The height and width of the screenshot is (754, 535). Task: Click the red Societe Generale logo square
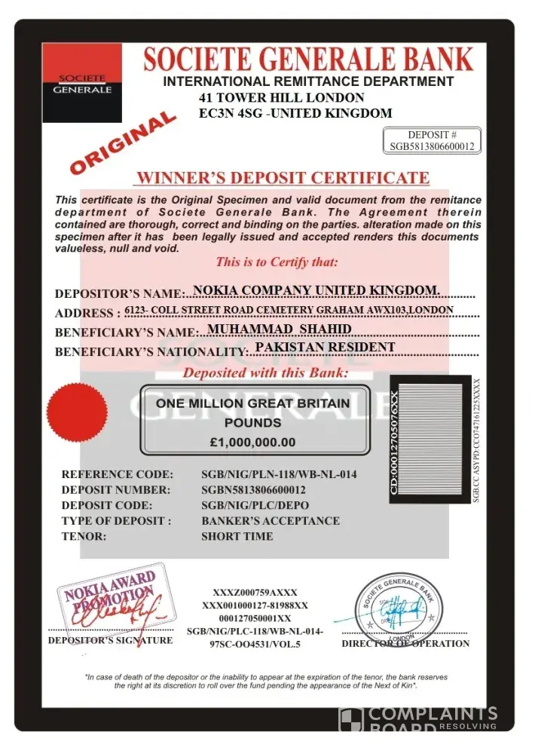tap(81, 82)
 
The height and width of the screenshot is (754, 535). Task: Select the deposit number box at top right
tap(433, 141)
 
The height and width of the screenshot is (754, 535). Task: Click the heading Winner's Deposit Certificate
tap(282, 179)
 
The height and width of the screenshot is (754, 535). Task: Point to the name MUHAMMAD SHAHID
tap(279, 329)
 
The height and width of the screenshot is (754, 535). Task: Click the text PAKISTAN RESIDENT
tap(325, 348)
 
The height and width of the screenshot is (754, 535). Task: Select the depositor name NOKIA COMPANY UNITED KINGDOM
tap(316, 290)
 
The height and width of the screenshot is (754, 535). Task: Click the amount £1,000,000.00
tap(252, 443)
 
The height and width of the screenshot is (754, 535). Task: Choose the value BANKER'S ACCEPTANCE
tap(271, 521)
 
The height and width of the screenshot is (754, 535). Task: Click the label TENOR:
tap(84, 537)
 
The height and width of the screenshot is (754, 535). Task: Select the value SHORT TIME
tap(237, 537)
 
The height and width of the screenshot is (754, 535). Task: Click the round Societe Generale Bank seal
tap(396, 607)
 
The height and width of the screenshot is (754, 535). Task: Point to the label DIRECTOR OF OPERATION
tap(405, 644)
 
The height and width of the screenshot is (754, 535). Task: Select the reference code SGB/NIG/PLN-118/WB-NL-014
tap(279, 475)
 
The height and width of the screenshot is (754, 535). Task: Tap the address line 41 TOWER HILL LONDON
tap(282, 98)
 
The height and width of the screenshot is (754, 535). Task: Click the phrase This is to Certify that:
tap(277, 262)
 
